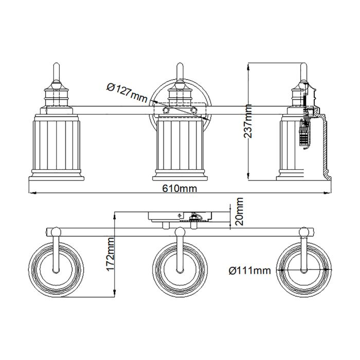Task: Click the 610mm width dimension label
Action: (x=180, y=188)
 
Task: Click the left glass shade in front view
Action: (x=56, y=147)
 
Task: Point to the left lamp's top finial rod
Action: (x=56, y=72)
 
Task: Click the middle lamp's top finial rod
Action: (x=179, y=72)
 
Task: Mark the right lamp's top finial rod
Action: (x=303, y=72)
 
